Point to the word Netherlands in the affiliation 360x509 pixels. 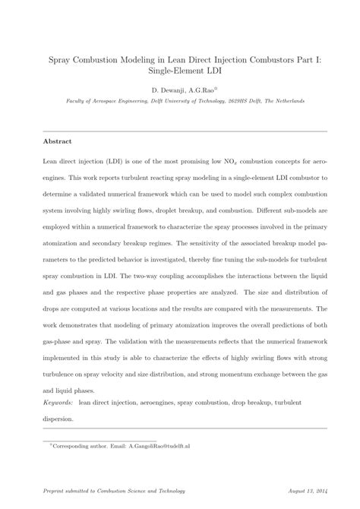[286, 101]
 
